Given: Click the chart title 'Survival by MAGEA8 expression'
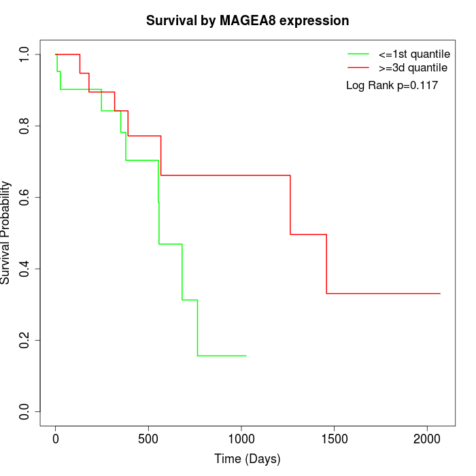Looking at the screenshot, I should tap(248, 20).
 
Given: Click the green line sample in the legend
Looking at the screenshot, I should tap(358, 54).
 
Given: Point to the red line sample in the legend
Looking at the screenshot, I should tap(358, 67).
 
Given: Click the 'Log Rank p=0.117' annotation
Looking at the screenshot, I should tap(392, 86).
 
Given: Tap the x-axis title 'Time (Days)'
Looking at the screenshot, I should tap(248, 459).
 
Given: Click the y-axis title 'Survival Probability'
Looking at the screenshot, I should tap(7, 233).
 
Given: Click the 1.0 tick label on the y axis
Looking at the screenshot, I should tap(25, 54).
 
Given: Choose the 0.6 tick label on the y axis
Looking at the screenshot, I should tap(25, 197).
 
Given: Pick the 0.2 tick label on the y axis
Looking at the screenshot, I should tap(25, 340).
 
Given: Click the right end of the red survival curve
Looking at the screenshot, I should tap(440, 293).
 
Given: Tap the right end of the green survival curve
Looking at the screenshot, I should tap(245, 356).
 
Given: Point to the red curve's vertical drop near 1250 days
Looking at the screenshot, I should tap(290, 204).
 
